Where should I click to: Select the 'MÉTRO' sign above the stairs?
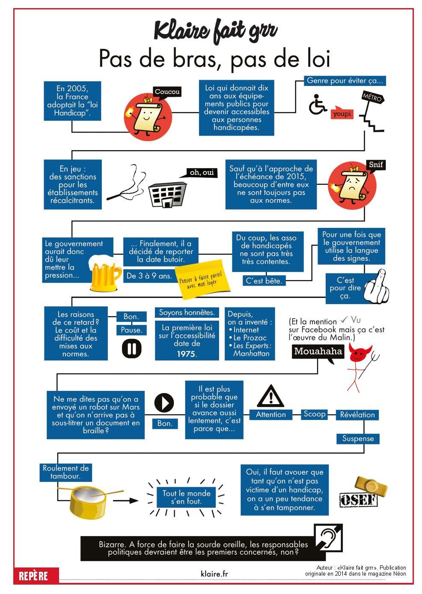(x=372, y=98)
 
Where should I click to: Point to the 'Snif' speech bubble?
(x=375, y=165)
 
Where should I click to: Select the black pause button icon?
(x=131, y=349)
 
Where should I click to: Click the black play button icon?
(x=164, y=402)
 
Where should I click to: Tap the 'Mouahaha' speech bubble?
(x=318, y=352)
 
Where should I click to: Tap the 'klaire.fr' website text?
(x=214, y=574)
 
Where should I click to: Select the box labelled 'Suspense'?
(x=358, y=439)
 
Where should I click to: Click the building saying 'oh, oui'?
(x=167, y=195)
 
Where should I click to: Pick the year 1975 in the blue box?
(x=186, y=354)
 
